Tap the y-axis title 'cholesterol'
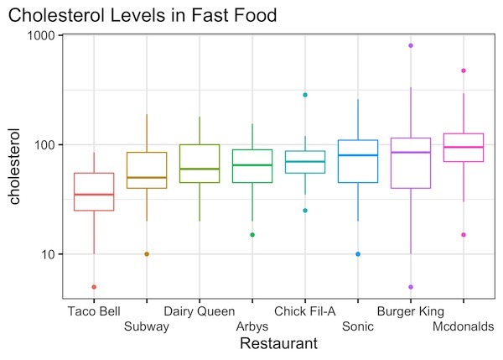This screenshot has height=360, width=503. [14, 165]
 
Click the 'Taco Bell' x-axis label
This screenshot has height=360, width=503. [95, 311]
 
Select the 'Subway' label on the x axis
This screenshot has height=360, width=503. [147, 326]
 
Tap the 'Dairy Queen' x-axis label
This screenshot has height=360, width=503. [199, 311]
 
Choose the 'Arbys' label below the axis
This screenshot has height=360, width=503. [252, 326]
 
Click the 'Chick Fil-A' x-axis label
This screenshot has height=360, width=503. [305, 311]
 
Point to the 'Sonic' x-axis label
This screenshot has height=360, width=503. [358, 326]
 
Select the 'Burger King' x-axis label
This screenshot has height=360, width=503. [410, 311]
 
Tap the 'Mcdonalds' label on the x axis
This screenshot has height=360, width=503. [463, 326]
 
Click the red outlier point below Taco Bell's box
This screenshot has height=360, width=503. [94, 287]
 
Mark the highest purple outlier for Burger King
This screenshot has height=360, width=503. [411, 45]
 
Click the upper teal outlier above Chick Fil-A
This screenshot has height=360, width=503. [305, 95]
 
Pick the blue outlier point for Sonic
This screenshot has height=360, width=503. [358, 253]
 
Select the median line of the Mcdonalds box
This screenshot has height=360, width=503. [464, 147]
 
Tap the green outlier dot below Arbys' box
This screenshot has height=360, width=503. [252, 234]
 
